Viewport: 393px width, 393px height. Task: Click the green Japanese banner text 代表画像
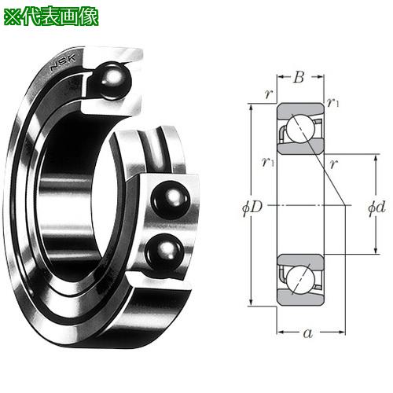[x=61, y=17]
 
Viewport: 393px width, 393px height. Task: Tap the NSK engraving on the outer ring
[x=63, y=62]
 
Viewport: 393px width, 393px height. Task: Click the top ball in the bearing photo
[x=112, y=81]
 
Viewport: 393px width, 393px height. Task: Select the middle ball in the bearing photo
[x=171, y=200]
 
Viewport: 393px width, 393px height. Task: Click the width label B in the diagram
[x=299, y=77]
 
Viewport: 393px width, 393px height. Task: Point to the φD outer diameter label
[x=252, y=208]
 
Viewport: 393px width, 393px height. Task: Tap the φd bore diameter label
[x=376, y=208]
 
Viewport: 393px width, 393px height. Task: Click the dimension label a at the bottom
[x=308, y=333]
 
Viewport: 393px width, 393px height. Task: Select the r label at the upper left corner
[x=269, y=94]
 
